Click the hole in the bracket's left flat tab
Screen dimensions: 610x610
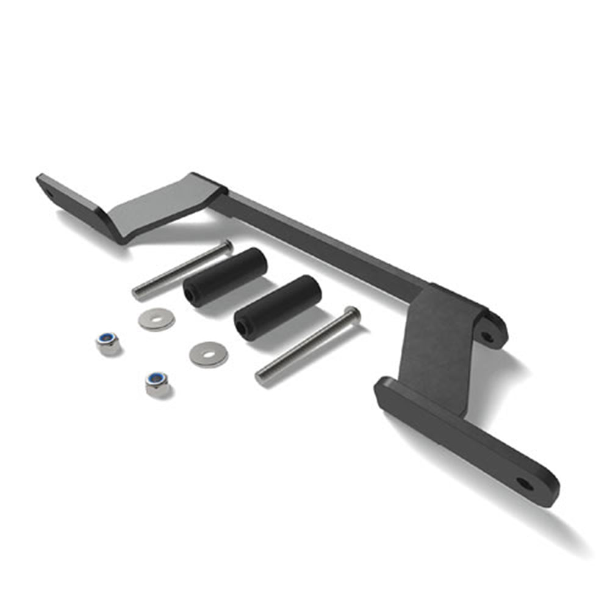pos(49,196)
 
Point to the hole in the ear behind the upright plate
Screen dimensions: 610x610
pos(487,335)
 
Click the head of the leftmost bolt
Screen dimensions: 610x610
pos(227,246)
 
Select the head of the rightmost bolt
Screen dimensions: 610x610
pos(352,315)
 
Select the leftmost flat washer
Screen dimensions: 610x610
pos(156,318)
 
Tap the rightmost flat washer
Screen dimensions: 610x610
pos(208,354)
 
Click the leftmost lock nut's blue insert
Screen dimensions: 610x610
pos(107,339)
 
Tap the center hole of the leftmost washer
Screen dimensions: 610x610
pos(156,318)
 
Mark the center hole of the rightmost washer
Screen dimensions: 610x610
pos(208,353)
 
